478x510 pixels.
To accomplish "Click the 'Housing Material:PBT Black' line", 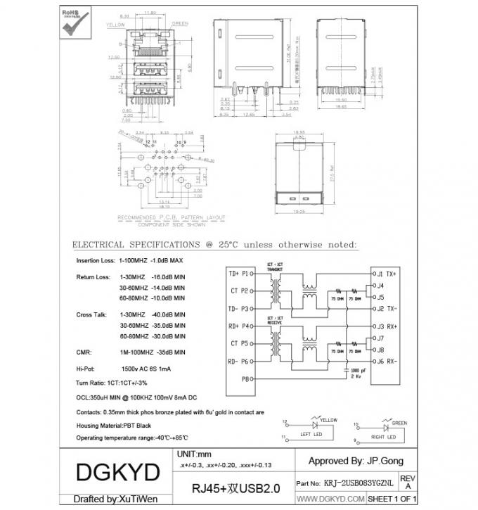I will point(113,426).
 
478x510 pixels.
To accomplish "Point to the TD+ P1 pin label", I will point(238,273).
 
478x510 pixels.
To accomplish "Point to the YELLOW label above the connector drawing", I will point(115,24).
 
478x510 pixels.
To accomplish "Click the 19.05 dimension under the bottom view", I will point(300,210).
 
